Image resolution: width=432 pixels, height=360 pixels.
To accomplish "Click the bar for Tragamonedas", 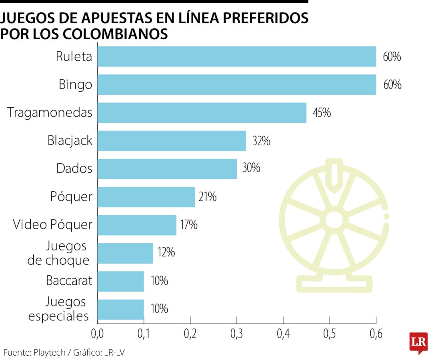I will tap(202, 113).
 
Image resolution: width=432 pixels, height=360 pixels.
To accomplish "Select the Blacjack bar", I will tap(172, 141).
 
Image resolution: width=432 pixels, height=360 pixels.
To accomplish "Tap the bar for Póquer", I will tap(146, 197).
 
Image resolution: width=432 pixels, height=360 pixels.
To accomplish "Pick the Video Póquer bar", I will tap(137, 225).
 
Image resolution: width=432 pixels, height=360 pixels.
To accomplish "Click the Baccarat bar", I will tap(120, 281).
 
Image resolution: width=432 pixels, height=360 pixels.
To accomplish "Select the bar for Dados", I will tap(167, 169).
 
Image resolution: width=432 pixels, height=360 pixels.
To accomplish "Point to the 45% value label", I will tap(322, 113).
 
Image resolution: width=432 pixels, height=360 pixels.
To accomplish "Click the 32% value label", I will tap(261, 141).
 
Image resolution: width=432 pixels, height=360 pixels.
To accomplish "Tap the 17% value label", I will tap(188, 225).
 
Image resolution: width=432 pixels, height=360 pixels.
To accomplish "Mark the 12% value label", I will tap(165, 253).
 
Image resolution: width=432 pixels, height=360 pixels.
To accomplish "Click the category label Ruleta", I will tap(74, 56).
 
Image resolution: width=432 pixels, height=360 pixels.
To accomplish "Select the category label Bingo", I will tap(75, 84).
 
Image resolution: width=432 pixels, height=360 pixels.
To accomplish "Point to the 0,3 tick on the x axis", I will tap(237, 334).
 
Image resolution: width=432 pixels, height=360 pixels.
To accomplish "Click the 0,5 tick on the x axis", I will tap(330, 334).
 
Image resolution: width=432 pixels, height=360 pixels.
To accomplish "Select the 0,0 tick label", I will tap(97, 334).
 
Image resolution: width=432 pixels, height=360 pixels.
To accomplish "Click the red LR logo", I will tap(418, 342).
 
